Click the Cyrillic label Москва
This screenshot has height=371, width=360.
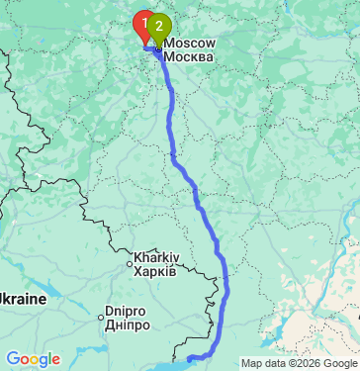pyautogui.click(x=188, y=56)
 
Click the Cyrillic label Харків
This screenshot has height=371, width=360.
pyautogui.click(x=155, y=271)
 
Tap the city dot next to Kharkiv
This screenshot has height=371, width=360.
pyautogui.click(x=130, y=264)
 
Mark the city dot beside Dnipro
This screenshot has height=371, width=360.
pyautogui.click(x=101, y=317)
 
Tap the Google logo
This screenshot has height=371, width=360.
pyautogui.click(x=33, y=358)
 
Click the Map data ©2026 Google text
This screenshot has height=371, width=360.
pyautogui.click(x=298, y=363)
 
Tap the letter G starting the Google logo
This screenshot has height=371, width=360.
pyautogui.click(x=13, y=358)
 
